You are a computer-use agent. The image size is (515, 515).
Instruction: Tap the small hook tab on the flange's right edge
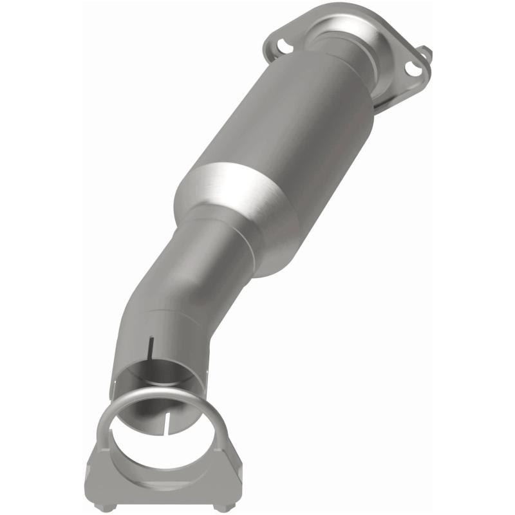[426, 53]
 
